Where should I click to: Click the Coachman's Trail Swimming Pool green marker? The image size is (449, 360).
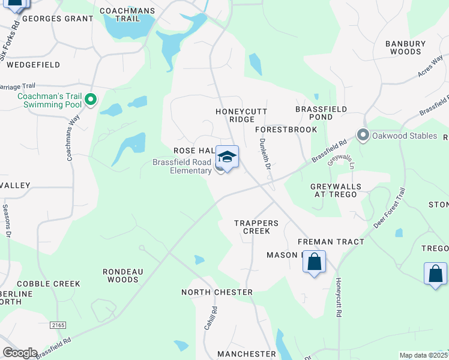91,100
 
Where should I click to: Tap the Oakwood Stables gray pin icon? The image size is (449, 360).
362,135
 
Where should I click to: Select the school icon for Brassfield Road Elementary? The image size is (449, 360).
227,157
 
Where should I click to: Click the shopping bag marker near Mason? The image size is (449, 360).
314,262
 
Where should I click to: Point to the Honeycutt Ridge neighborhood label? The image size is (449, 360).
241,115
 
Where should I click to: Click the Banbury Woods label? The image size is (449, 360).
405,47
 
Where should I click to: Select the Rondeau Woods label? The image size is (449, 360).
122,275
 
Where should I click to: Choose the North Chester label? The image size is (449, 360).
217,292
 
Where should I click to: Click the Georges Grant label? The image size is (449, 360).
58,19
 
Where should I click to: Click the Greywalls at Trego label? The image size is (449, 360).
336,191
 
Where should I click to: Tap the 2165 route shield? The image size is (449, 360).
58,325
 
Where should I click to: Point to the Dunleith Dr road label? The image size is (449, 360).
264,154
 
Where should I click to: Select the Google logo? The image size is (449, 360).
20,353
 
